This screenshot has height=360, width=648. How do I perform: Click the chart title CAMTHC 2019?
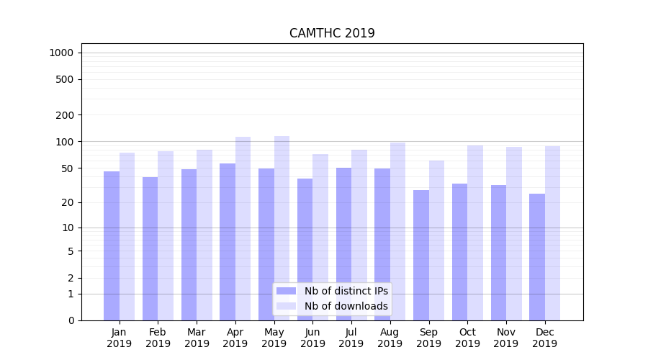(332, 34)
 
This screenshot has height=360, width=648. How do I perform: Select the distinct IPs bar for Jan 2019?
(112, 245)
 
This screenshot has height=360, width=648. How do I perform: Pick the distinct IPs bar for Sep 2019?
(421, 255)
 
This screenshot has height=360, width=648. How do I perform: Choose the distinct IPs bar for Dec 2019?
(537, 256)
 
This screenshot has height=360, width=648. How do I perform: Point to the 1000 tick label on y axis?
(61, 53)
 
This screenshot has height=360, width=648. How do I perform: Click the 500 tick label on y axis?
(65, 79)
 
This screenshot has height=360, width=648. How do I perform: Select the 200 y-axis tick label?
(65, 115)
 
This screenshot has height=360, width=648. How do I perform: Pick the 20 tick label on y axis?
(68, 202)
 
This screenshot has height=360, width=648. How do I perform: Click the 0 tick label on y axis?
(71, 320)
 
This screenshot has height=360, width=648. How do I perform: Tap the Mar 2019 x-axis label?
(197, 338)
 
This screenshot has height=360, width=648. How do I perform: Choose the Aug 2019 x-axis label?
(390, 338)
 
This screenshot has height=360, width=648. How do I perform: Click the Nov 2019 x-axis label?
(505, 338)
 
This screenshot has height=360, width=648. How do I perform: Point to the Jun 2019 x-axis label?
(312, 338)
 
